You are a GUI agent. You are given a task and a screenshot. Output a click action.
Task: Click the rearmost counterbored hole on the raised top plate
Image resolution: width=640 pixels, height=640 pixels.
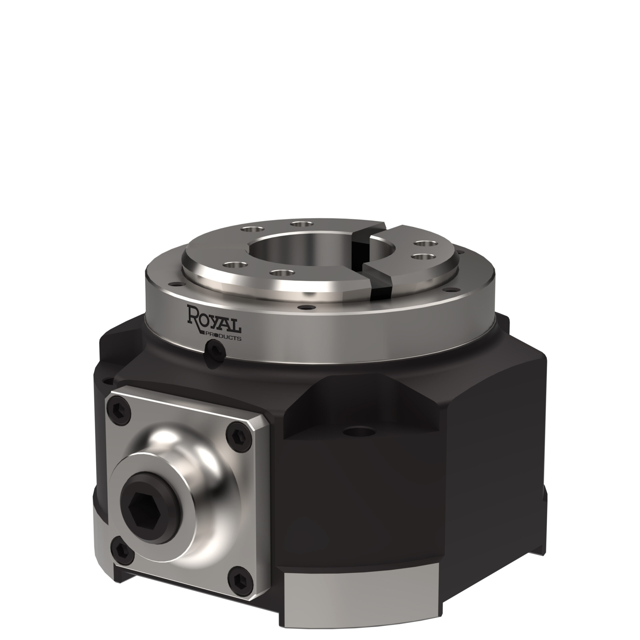[x=301, y=224]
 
